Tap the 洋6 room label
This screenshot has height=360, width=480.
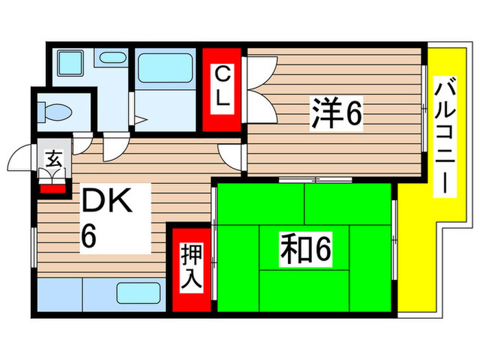click(336, 114)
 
